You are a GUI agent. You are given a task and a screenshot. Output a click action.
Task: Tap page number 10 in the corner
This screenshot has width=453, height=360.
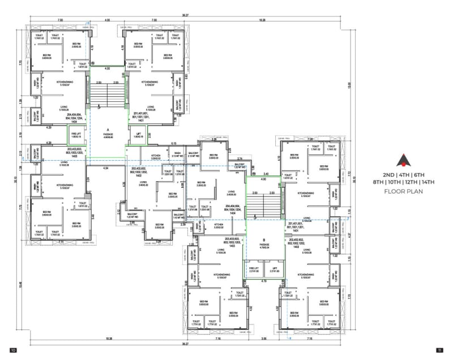point(12,350)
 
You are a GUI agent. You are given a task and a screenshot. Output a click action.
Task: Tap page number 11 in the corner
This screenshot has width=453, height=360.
point(439,350)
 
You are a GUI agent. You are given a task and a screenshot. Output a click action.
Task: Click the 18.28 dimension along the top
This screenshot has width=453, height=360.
point(262,20)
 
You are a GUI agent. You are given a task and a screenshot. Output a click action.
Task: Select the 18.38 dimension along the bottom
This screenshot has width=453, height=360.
point(101,339)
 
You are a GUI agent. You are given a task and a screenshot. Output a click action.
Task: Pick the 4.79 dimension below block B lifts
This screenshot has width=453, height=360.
point(264,281)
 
